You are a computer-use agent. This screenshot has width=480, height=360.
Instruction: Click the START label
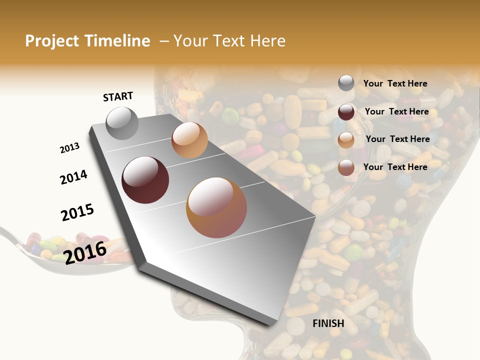pyautogui.click(x=118, y=96)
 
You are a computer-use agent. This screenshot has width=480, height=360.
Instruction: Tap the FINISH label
pyautogui.click(x=328, y=323)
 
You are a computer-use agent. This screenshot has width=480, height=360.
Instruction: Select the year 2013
pyautogui.click(x=69, y=148)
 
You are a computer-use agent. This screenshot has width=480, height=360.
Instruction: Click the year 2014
pyautogui.click(x=73, y=177)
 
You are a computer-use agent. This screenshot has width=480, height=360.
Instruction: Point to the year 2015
pyautogui.click(x=77, y=212)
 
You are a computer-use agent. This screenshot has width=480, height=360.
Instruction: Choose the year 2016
pyautogui.click(x=85, y=252)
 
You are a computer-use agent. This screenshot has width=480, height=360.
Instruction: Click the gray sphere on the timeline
pyautogui.click(x=122, y=123)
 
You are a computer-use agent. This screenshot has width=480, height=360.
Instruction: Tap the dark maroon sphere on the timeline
pyautogui.click(x=145, y=180)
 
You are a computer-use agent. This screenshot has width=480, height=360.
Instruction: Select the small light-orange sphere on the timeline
pyautogui.click(x=189, y=140)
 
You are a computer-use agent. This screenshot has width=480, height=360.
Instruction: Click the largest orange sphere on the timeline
pyautogui.click(x=216, y=207)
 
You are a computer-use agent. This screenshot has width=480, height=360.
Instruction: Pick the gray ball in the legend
pyautogui.click(x=346, y=83)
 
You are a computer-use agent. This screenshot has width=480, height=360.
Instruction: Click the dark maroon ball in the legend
pyautogui.click(x=346, y=112)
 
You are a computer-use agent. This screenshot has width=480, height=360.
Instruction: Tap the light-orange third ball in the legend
pyautogui.click(x=346, y=140)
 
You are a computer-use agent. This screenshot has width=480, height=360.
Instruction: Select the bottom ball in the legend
pyautogui.click(x=346, y=167)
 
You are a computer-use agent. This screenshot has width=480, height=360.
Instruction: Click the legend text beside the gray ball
pyautogui.click(x=395, y=83)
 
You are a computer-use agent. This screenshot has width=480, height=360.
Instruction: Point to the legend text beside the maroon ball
pyautogui.click(x=396, y=111)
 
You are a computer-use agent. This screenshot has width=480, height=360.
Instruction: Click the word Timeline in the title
pyautogui.click(x=117, y=41)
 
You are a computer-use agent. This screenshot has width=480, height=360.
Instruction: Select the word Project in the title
pyautogui.click(x=51, y=41)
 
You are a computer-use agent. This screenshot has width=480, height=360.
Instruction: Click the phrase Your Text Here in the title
pyautogui.click(x=229, y=41)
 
